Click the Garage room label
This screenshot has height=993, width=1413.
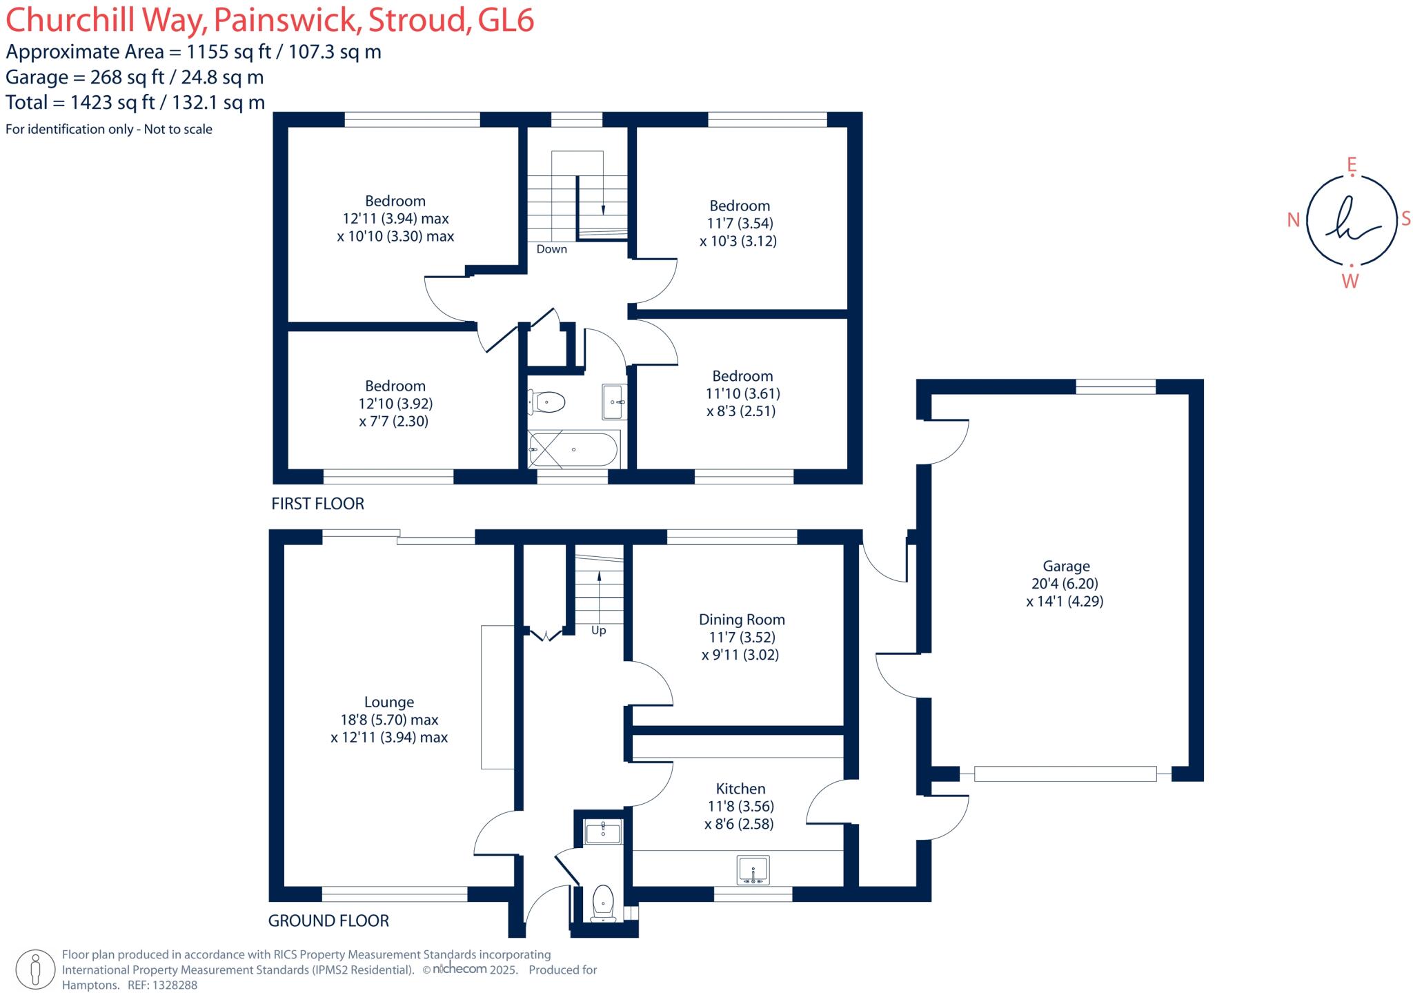click(1065, 566)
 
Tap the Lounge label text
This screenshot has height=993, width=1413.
click(388, 702)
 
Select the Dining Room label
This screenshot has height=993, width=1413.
click(741, 619)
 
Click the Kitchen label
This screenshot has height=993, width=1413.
click(740, 788)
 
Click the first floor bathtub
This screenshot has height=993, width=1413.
click(573, 449)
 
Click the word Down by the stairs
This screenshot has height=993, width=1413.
click(551, 249)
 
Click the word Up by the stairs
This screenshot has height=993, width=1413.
click(598, 631)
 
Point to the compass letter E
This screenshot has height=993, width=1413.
click(1352, 164)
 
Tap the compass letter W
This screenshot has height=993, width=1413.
click(1350, 282)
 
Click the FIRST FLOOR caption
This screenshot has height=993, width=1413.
click(317, 503)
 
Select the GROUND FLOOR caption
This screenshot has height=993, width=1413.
click(328, 921)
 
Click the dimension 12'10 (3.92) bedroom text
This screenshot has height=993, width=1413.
click(395, 404)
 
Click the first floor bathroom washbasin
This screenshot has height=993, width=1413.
click(614, 402)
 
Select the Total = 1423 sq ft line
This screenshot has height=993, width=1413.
click(135, 102)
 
